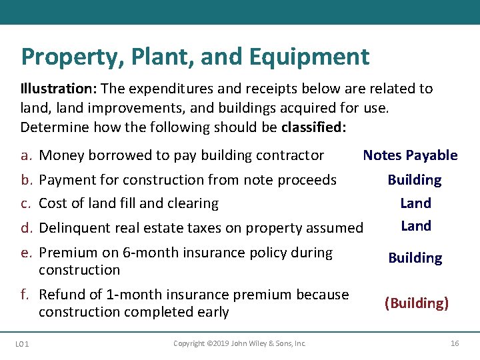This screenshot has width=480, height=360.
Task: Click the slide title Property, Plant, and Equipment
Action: pos(195,57)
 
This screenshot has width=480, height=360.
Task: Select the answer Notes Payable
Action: pos(410,155)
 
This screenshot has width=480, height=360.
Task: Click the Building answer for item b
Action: pos(415,180)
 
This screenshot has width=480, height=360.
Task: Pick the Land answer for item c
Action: pos(415,203)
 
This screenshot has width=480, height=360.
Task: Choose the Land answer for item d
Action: pos(415,226)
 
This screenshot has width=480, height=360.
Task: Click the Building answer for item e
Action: pos(415,258)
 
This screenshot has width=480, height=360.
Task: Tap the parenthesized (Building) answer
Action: pos(416,303)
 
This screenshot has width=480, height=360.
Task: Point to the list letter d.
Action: pos(27,228)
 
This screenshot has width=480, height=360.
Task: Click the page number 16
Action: pos(455,343)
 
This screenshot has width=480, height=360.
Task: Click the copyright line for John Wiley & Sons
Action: pos(240,343)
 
